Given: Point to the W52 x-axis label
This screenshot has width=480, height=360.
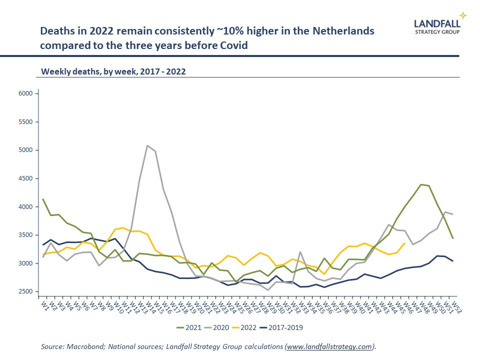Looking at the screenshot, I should tap(455, 306).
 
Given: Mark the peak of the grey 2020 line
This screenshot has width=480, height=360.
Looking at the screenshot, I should tap(147, 145).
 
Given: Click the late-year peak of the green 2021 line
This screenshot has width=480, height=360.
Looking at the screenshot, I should tap(420, 184).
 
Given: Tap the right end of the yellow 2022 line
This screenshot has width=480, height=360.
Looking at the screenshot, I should tap(404, 243).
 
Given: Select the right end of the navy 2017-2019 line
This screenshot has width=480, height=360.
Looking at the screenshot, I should tap(453, 261).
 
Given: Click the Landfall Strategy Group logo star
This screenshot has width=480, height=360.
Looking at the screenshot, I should tap(462, 15).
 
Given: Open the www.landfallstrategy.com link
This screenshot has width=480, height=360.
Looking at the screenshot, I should tap(329, 346).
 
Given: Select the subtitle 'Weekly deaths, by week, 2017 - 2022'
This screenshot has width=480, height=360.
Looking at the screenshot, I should tap(113, 71).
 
